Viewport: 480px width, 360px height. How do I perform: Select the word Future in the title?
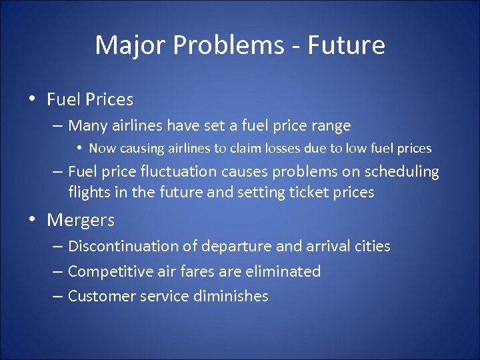[351, 45]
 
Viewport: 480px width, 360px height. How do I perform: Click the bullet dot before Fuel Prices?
[32, 100]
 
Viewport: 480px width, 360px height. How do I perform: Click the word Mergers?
[81, 220]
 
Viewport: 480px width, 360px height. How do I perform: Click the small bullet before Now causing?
[79, 148]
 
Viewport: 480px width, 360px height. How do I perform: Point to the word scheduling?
[403, 172]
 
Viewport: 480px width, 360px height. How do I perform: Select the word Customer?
[100, 296]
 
